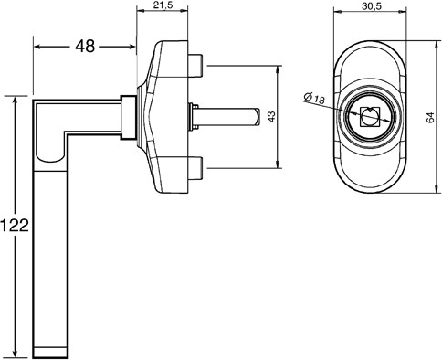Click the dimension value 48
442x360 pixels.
click(85, 47)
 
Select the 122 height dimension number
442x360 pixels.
click(15, 226)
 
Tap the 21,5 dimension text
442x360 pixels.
click(163, 5)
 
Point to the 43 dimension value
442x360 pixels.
click(271, 116)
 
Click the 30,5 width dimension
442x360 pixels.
click(372, 6)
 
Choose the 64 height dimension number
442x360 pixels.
click(430, 118)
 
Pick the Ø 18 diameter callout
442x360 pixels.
click(314, 98)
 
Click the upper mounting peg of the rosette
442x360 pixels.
click(195, 66)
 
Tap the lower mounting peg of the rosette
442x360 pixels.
click(195, 168)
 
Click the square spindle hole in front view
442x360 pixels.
click(369, 117)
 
